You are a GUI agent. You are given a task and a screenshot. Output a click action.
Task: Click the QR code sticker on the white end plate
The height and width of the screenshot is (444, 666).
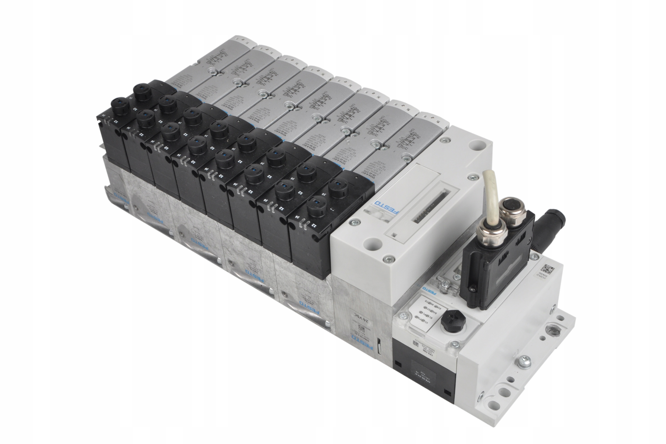point(549,269)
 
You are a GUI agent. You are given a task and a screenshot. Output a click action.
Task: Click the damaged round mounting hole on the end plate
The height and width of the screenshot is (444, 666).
point(551,330)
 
